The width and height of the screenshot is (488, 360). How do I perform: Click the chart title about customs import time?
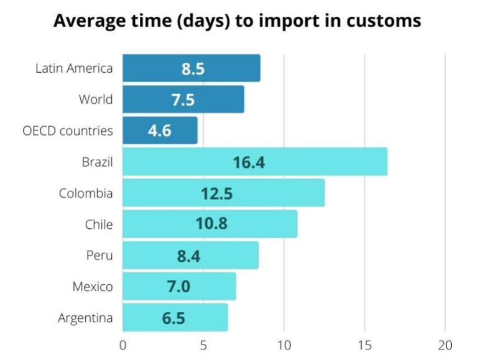click(237, 21)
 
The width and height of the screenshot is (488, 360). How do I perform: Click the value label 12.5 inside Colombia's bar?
click(216, 193)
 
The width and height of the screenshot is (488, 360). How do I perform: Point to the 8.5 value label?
click(193, 68)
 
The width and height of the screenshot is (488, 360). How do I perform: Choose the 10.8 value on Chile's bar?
click(211, 224)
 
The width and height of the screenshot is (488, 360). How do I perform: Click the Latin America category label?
click(74, 68)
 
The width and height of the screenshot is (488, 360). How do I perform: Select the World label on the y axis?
click(96, 99)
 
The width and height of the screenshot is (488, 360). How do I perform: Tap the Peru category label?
click(99, 255)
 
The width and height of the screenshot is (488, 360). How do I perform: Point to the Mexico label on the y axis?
click(93, 287)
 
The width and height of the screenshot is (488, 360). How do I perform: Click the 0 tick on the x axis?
click(123, 345)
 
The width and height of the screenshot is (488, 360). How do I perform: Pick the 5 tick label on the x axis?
click(203, 345)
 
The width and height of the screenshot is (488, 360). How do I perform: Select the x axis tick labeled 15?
click(364, 345)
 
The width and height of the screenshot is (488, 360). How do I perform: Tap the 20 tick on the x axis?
click(445, 345)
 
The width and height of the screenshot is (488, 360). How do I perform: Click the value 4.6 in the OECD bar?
click(160, 131)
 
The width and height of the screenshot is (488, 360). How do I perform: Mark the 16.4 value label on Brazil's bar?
click(249, 162)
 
